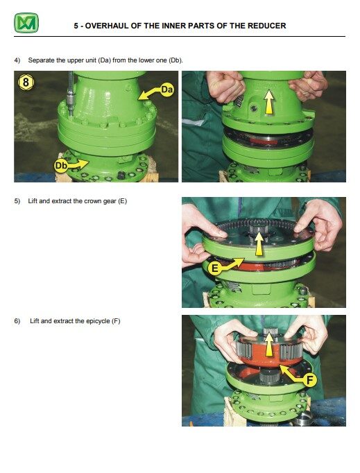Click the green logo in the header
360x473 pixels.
click(x=26, y=24)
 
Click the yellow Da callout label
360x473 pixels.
click(x=166, y=89)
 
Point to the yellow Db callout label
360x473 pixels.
click(x=62, y=165)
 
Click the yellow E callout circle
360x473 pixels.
click(x=216, y=266)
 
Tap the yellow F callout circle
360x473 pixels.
click(x=309, y=379)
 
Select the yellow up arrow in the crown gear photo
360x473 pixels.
click(x=259, y=244)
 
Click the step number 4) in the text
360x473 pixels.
click(x=18, y=60)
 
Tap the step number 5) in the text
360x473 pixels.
click(x=18, y=201)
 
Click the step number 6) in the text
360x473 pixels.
click(x=18, y=321)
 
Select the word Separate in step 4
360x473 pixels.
click(x=41, y=60)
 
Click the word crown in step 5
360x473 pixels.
click(x=85, y=201)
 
